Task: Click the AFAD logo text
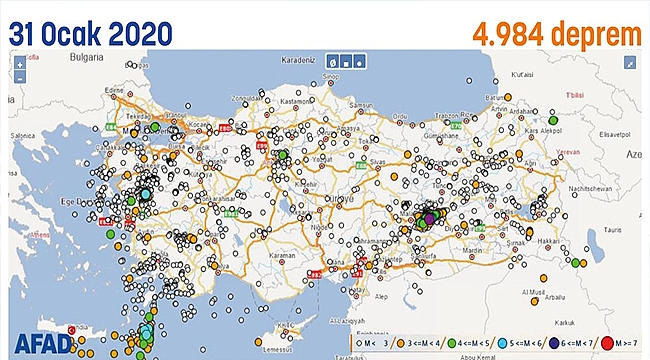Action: click(x=39, y=343)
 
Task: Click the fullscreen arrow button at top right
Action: click(x=630, y=62)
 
